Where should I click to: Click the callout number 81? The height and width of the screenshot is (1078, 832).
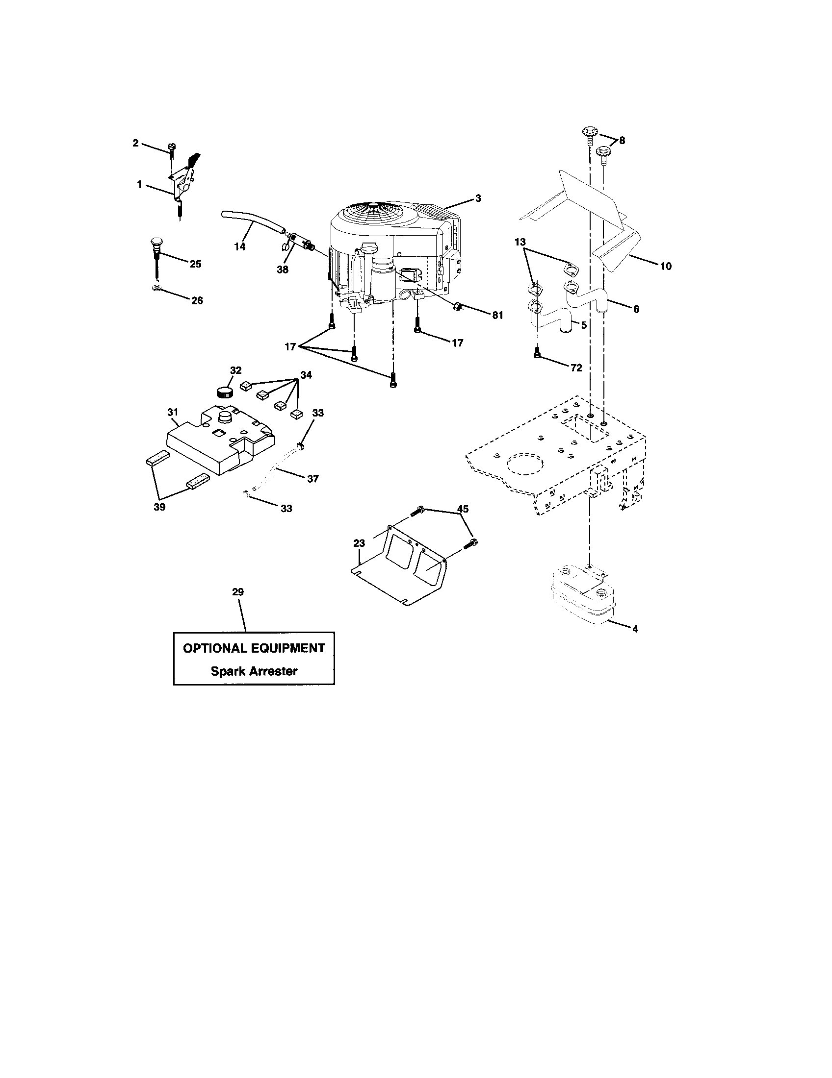497,315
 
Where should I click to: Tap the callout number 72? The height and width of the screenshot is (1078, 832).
576,367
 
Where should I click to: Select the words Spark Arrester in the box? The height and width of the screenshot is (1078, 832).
254,671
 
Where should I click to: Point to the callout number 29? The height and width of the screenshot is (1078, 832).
238,592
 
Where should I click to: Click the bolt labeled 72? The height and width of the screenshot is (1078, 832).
537,352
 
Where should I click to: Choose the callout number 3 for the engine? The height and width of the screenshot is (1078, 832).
478,198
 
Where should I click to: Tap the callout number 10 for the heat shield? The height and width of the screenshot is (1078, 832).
666,266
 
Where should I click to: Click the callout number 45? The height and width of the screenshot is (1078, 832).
463,509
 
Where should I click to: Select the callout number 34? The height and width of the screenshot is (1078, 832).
306,375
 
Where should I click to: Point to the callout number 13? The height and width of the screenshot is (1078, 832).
520,243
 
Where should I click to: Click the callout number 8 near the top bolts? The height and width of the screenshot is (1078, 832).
622,141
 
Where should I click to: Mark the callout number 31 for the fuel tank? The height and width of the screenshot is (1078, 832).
172,412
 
